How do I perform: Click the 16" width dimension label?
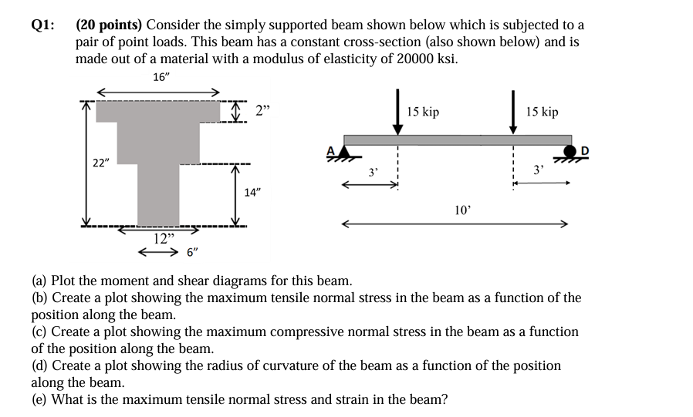pyautogui.click(x=161, y=76)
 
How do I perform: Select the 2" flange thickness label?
pyautogui.click(x=263, y=112)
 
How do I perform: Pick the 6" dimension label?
pyautogui.click(x=194, y=251)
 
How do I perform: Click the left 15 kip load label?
pyautogui.click(x=423, y=113)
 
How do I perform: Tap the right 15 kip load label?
pyautogui.click(x=542, y=113)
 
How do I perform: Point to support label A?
pyautogui.click(x=333, y=150)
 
